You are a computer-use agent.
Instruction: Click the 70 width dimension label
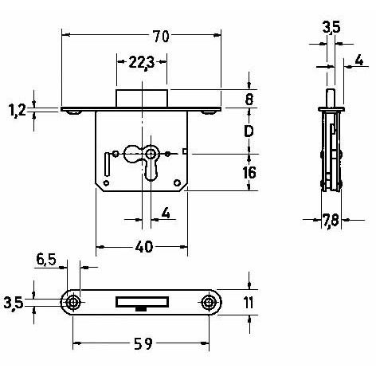(161, 37)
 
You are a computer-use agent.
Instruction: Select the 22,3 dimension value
(142, 64)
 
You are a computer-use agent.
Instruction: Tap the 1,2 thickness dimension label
(18, 110)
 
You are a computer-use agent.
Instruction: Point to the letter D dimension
(249, 131)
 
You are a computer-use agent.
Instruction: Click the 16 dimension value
(249, 173)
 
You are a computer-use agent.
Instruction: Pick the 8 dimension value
(249, 100)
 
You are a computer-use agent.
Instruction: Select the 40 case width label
(144, 247)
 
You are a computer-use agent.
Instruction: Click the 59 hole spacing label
(143, 344)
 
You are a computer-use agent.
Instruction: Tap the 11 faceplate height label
(249, 303)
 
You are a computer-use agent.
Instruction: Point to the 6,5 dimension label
(46, 260)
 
